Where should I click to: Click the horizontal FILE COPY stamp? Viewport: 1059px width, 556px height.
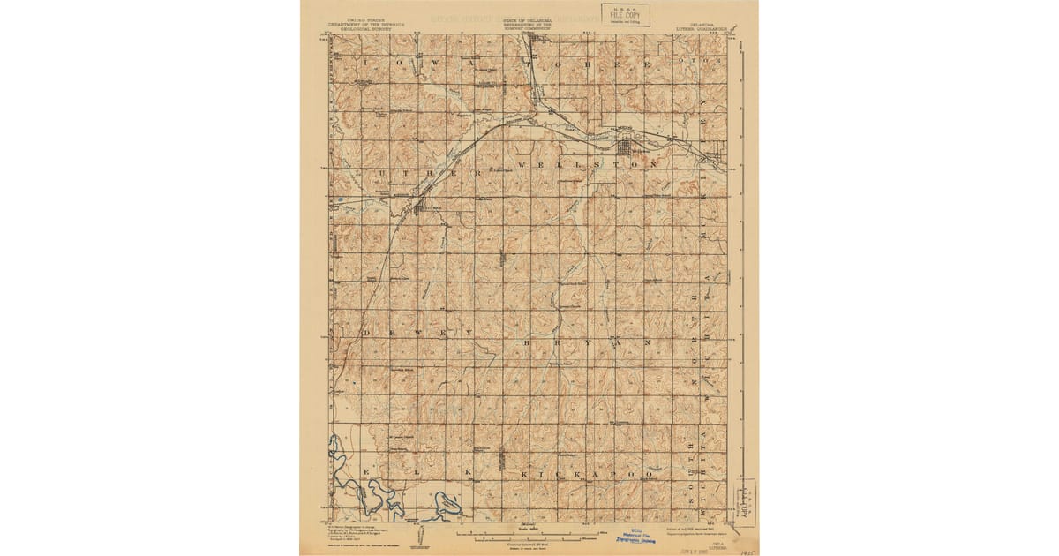(x=626, y=15)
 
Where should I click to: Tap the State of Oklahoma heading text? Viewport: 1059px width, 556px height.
(x=528, y=22)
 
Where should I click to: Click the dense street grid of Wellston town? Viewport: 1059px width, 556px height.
(x=633, y=152)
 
